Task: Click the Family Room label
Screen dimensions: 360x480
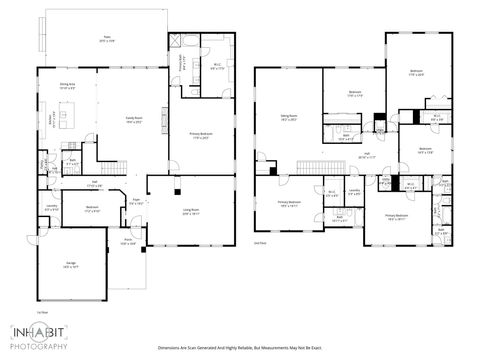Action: [x=134, y=120]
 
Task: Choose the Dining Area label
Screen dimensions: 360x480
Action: [x=67, y=86]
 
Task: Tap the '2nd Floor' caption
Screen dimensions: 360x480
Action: [x=261, y=243]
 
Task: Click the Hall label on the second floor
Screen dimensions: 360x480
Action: [x=367, y=155]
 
